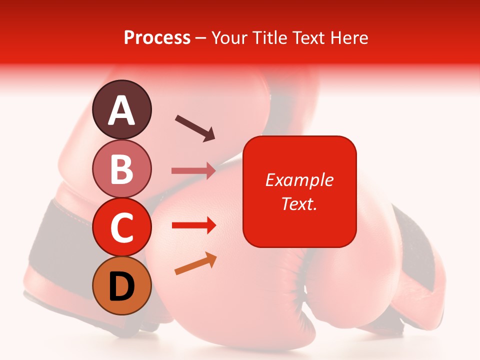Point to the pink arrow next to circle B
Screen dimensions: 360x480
click(x=193, y=171)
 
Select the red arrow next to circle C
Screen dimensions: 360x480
click(x=193, y=225)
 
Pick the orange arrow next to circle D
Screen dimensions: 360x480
click(x=195, y=263)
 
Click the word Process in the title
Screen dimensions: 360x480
click(x=157, y=37)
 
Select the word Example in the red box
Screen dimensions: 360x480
click(x=299, y=180)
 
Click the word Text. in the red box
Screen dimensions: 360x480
click(x=299, y=203)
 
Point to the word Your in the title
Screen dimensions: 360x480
click(x=228, y=37)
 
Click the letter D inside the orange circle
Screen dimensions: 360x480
click(x=121, y=286)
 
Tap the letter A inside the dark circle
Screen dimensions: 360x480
click(x=121, y=110)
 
